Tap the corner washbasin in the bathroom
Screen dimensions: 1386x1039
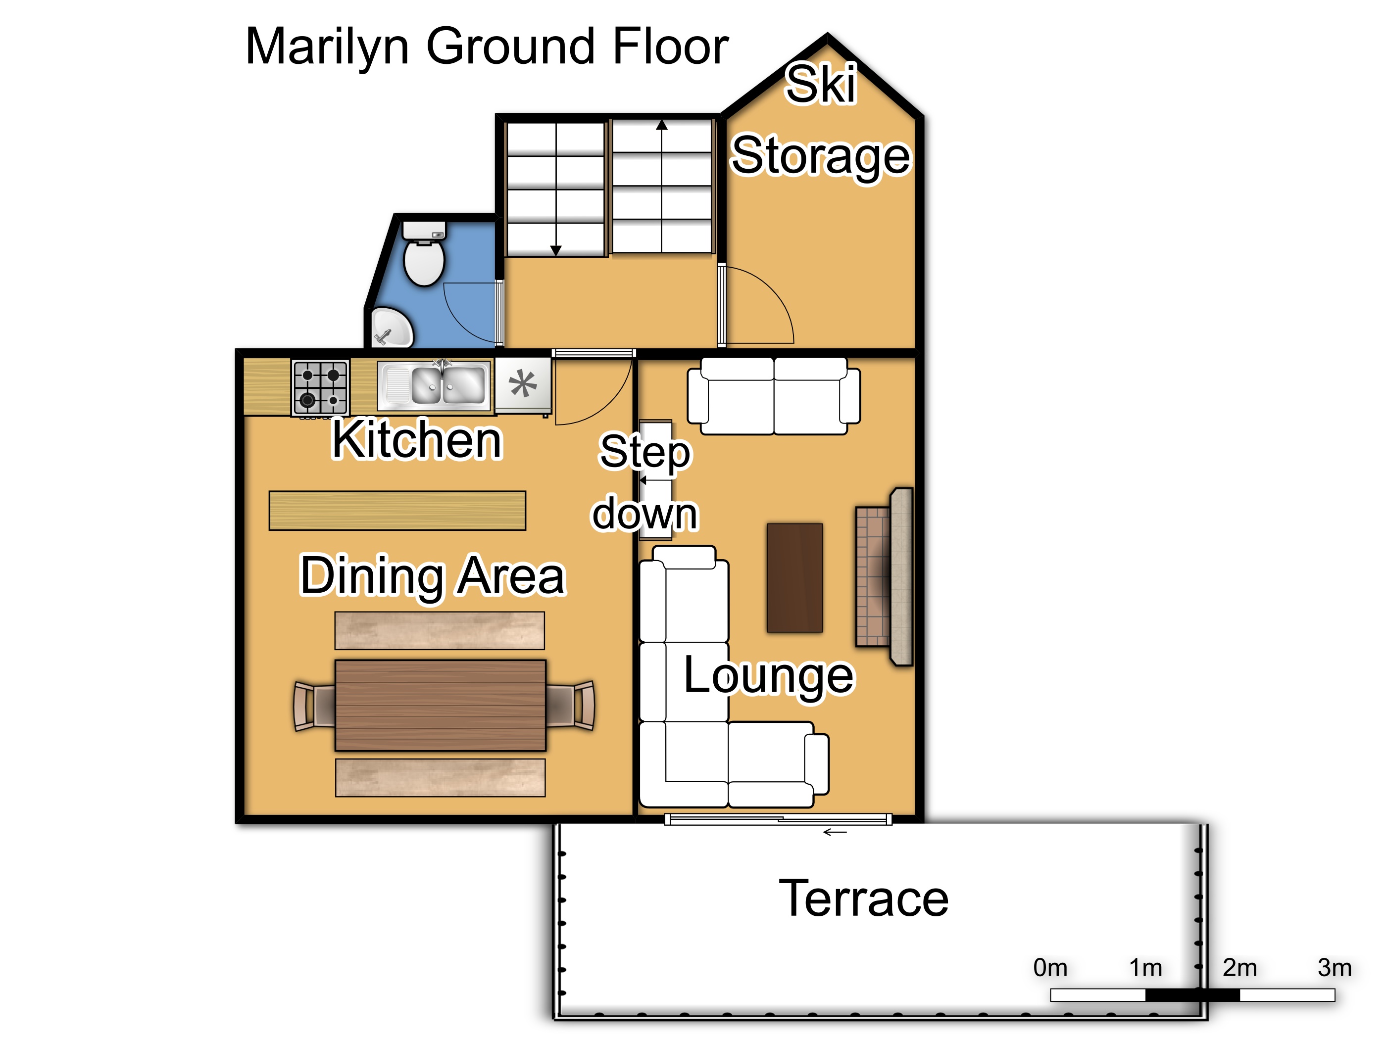tap(391, 328)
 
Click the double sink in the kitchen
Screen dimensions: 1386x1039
tap(434, 385)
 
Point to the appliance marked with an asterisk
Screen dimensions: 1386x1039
tap(523, 384)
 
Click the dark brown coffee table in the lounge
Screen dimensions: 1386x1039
tap(794, 577)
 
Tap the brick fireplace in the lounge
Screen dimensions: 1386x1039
tap(884, 576)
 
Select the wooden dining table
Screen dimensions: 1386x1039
tap(441, 705)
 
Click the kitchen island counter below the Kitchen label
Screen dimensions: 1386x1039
tap(397, 511)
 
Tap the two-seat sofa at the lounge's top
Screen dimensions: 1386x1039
tap(774, 396)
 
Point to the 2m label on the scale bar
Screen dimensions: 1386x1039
tap(1239, 968)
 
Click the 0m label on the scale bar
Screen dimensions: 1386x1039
tap(1050, 968)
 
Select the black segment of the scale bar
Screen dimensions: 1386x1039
tap(1192, 995)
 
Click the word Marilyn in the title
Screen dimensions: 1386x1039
tap(327, 47)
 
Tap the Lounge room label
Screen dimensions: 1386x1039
tap(768, 676)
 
